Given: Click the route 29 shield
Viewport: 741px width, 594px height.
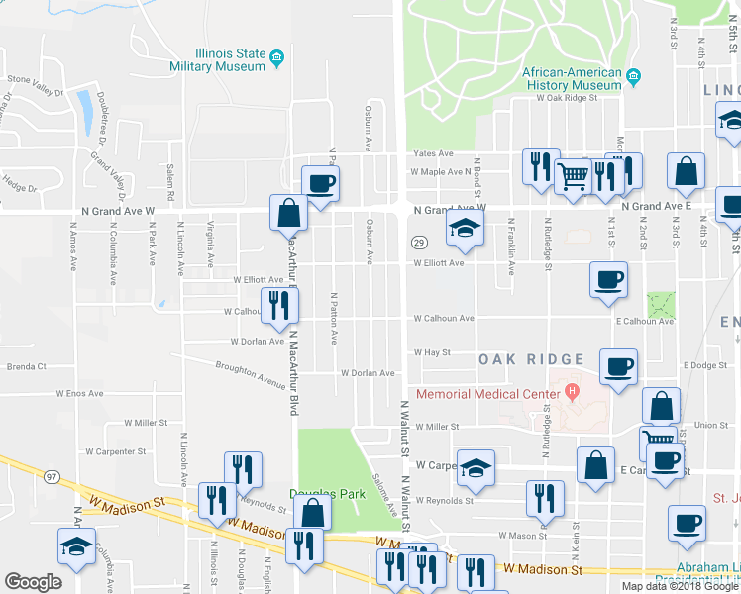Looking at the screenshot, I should click(419, 243).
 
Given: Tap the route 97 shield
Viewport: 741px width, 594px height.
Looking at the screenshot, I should click(52, 477).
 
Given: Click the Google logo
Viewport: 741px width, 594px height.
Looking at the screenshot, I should click(33, 582).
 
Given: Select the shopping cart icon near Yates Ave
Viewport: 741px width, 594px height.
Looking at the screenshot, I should click(573, 178).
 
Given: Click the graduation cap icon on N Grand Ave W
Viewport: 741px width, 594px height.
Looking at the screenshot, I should click(461, 227).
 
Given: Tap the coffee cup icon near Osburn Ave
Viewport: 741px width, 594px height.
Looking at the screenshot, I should click(321, 183).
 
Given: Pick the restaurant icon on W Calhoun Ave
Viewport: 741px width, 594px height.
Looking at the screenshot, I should click(278, 305).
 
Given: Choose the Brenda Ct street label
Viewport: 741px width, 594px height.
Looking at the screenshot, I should click(27, 366).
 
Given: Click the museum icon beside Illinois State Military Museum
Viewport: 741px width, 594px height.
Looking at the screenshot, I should click(277, 56).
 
